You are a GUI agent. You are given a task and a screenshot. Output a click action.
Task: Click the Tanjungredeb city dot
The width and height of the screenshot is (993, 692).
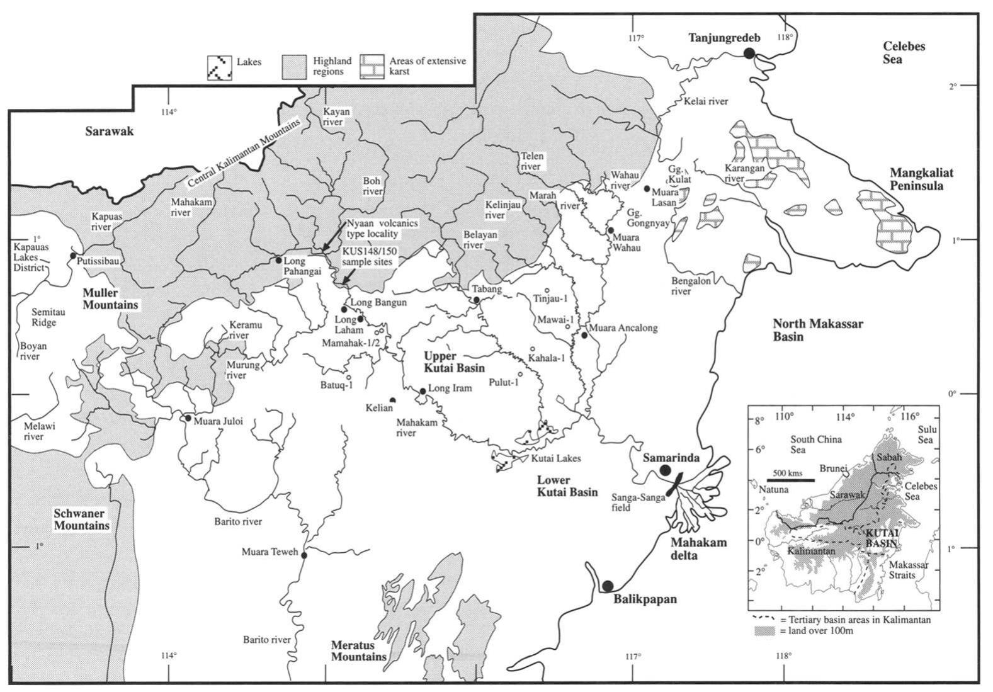(749, 54)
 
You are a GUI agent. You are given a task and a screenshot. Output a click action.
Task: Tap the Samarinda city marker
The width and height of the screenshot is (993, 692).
(665, 470)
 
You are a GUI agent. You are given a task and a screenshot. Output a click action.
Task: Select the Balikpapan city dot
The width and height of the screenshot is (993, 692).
(607, 586)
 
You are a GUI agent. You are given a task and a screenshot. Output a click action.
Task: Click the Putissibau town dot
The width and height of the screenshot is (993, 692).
(74, 256)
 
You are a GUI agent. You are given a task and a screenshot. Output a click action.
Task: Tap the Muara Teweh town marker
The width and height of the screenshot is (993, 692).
(304, 555)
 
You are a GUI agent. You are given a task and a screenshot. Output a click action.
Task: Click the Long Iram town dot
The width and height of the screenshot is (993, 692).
(423, 391)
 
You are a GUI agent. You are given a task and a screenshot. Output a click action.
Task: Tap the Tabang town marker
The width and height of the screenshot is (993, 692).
(477, 300)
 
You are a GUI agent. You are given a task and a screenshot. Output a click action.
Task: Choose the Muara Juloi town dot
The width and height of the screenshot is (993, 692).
(188, 418)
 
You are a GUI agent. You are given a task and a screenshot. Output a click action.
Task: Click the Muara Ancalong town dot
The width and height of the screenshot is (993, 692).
(585, 336)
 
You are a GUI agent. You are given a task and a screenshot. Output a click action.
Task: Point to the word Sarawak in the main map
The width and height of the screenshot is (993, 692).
(110, 132)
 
